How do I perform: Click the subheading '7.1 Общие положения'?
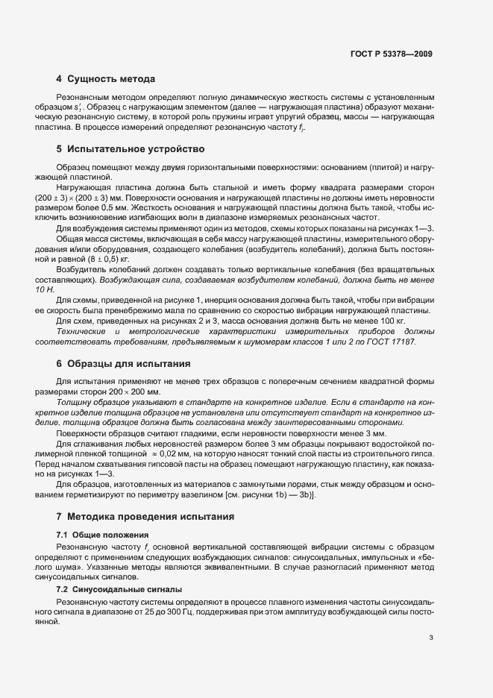coord(102,535)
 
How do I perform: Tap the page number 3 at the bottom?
coord(432,638)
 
